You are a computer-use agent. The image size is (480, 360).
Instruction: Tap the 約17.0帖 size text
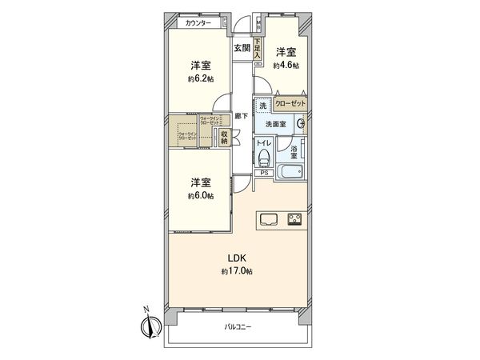coord(237,272)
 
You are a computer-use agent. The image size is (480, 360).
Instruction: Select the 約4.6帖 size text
coord(286,65)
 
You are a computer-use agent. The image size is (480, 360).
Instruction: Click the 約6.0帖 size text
coord(201,195)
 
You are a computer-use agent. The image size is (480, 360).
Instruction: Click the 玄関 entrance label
coord(242,48)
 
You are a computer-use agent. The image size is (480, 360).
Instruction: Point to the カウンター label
coord(198,23)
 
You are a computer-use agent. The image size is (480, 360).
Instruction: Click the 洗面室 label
coord(277,124)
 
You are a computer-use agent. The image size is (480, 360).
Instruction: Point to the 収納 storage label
coord(224,138)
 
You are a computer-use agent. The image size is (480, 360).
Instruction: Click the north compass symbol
coord(147,326)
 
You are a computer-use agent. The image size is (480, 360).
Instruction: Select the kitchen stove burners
coord(294,219)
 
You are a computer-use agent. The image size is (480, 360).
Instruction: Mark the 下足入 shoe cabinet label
coord(258,49)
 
